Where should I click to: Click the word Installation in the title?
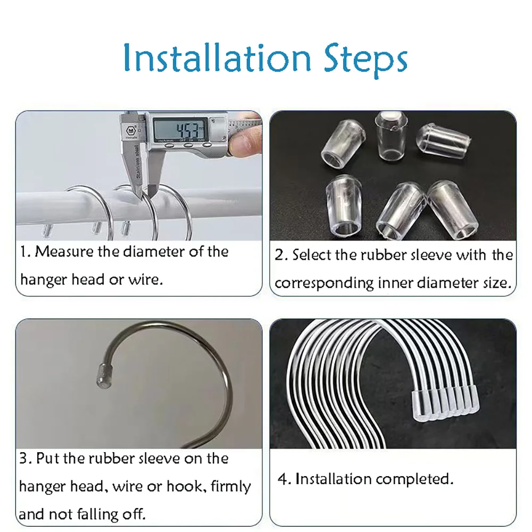click(217, 58)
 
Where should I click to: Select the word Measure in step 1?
click(64, 252)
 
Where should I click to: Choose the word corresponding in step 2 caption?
click(324, 284)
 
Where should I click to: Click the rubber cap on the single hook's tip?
click(106, 376)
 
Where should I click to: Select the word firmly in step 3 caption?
click(231, 487)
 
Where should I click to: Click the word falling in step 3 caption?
click(98, 514)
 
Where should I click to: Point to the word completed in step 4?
click(414, 479)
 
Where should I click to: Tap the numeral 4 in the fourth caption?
click(282, 479)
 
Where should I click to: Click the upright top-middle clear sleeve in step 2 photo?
click(391, 136)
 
